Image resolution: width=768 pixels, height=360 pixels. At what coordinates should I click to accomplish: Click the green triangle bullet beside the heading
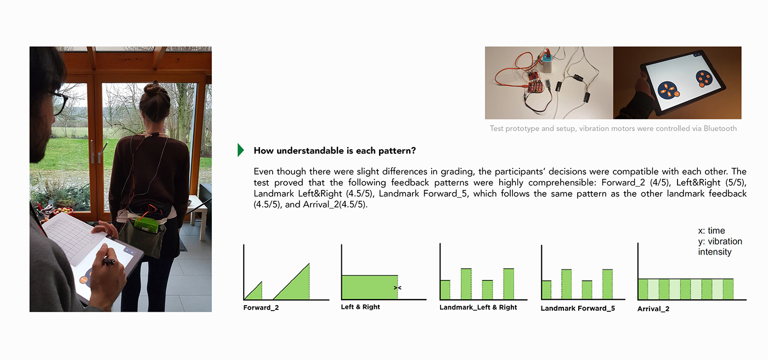click(240, 150)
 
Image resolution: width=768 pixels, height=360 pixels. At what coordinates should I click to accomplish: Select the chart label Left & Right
click(360, 307)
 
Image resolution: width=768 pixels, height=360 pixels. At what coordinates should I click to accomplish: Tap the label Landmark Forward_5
click(578, 308)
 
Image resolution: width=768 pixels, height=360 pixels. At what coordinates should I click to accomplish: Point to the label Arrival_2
click(653, 309)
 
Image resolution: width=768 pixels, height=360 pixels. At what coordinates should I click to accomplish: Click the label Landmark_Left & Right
click(478, 307)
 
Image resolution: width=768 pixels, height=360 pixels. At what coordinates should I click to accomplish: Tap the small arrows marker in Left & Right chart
click(398, 288)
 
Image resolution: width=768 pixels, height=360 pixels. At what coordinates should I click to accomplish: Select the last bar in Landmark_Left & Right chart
click(509, 284)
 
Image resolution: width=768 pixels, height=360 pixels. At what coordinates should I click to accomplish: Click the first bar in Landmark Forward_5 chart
click(546, 290)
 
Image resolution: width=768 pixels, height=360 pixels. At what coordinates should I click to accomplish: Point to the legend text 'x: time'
click(711, 231)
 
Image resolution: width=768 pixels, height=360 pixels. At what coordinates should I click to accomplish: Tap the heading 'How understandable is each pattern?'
click(335, 150)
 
